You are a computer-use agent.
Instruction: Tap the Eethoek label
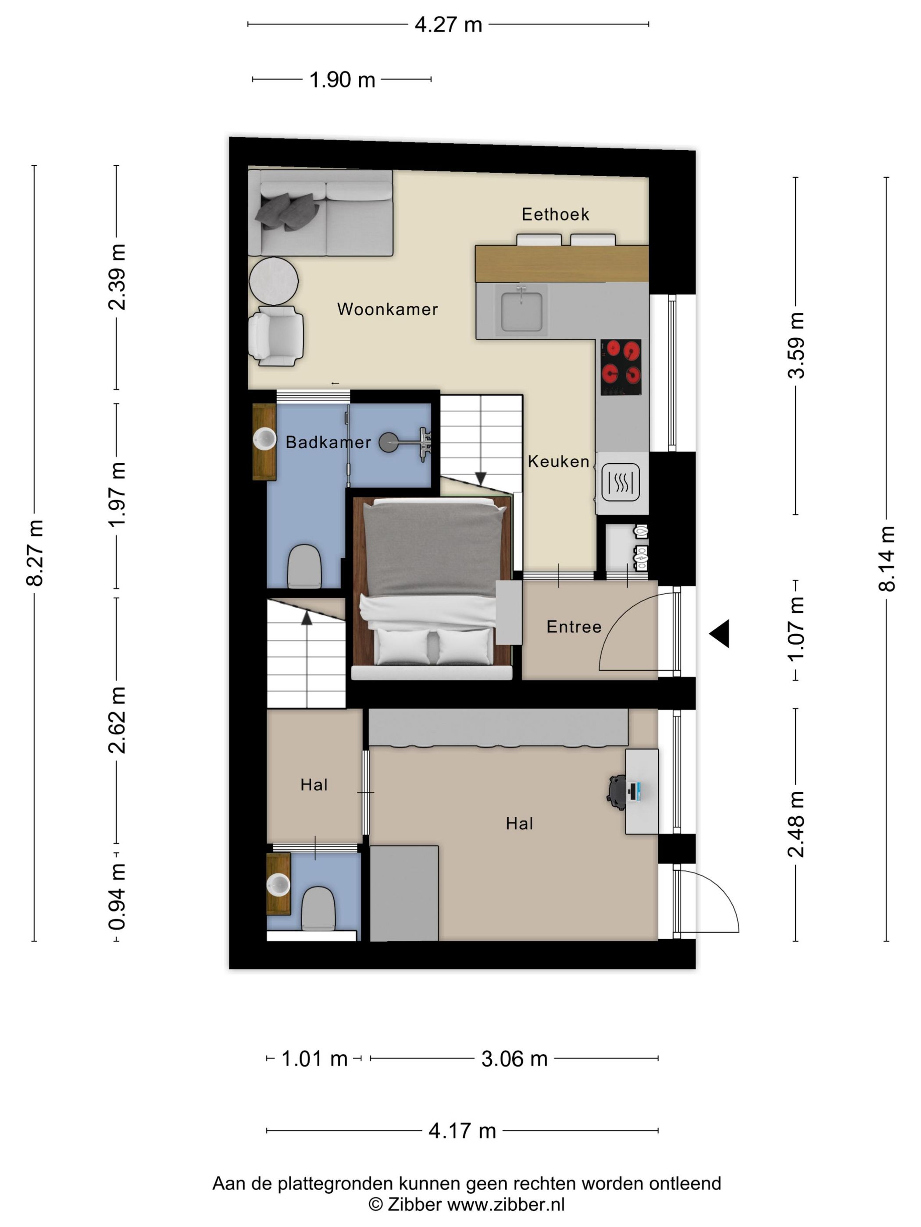click(555, 214)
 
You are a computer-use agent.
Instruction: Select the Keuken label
click(558, 461)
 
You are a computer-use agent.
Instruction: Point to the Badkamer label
click(328, 442)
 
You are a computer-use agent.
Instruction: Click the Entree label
click(574, 626)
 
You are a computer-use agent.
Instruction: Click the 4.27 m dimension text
click(449, 25)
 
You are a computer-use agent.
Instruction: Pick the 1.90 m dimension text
click(342, 80)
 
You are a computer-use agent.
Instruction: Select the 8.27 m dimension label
click(34, 553)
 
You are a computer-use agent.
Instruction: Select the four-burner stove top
click(621, 367)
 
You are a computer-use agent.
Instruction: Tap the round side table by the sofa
click(274, 281)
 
